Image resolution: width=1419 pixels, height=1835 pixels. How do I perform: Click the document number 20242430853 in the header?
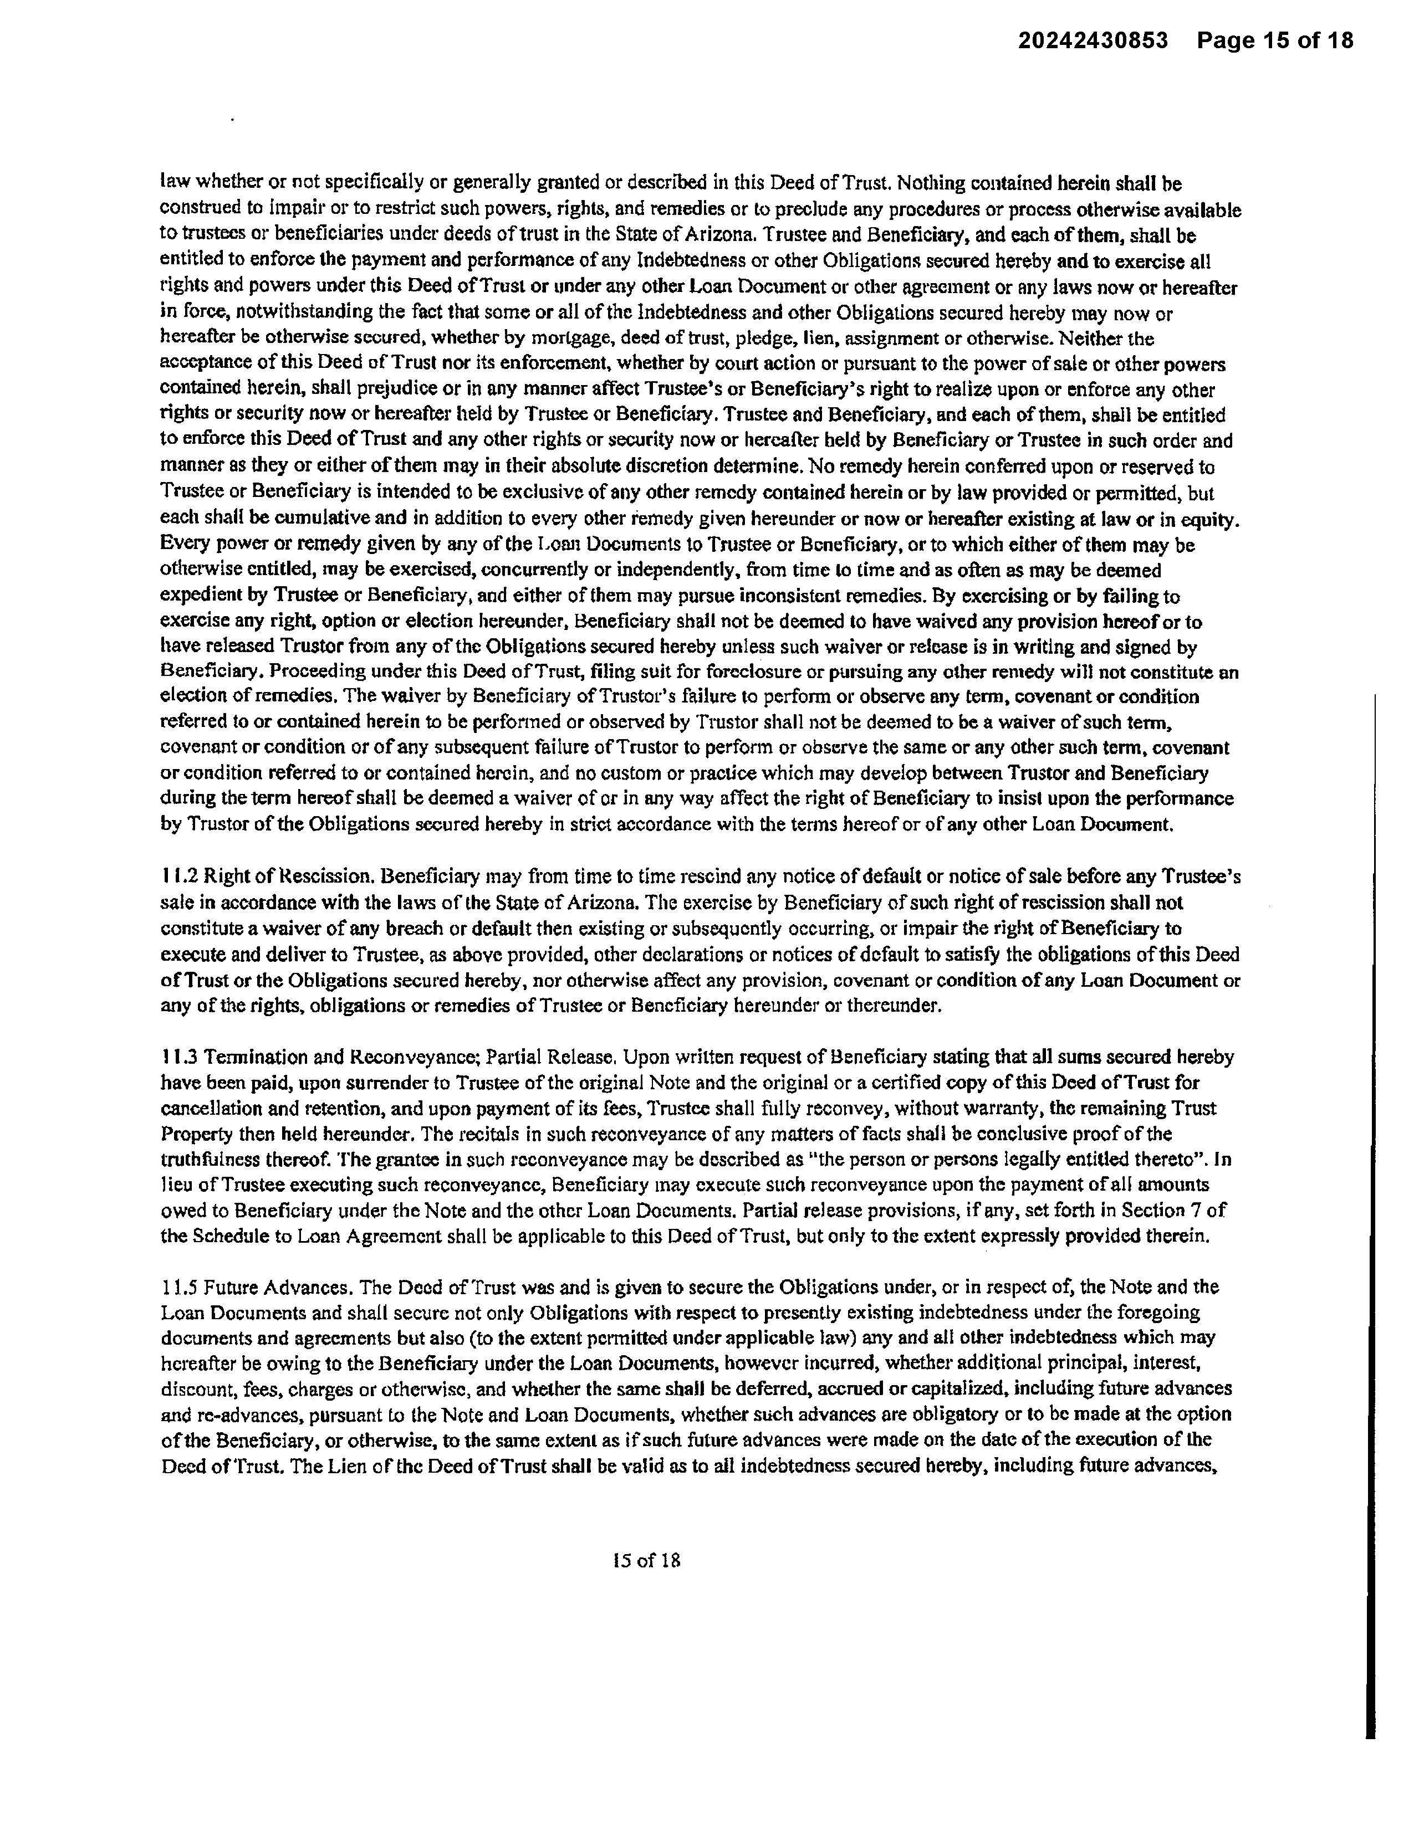[1093, 40]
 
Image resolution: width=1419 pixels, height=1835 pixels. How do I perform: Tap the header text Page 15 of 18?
[1275, 40]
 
